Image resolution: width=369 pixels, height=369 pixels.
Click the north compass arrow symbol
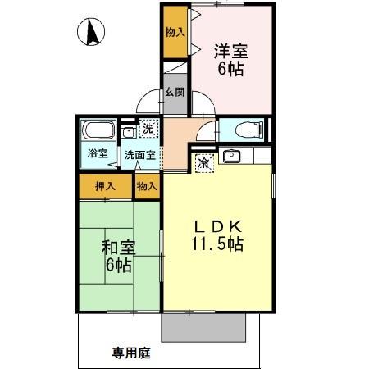93,34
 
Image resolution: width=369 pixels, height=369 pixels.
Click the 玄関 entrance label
174,93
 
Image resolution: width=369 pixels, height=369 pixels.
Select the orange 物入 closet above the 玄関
174,33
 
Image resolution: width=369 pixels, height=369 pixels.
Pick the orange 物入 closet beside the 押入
147,187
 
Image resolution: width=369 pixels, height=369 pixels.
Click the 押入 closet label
105,187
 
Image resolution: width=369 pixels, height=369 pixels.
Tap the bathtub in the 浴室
98,131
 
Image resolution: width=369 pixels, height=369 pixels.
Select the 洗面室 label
137,154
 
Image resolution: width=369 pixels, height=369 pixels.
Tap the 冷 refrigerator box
203,162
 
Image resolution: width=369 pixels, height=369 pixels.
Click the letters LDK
216,226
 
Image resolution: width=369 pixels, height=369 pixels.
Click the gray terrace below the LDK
203,328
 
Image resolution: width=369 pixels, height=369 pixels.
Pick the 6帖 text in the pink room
230,69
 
